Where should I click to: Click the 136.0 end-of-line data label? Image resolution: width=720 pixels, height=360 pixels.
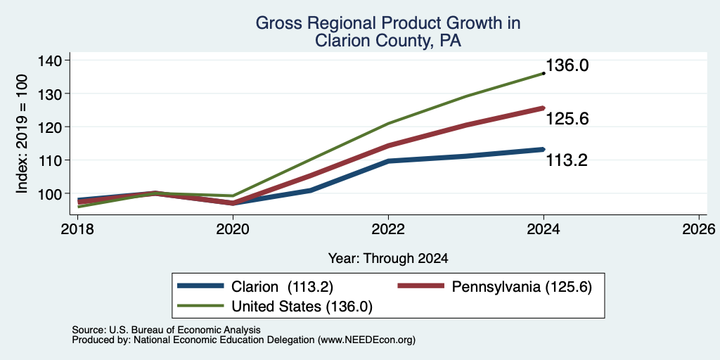point(567,65)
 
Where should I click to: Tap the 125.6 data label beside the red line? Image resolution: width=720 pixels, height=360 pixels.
point(567,119)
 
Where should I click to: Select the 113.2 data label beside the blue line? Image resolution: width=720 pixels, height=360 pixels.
point(567,160)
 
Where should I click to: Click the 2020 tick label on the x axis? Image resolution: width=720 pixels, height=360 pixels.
point(233,229)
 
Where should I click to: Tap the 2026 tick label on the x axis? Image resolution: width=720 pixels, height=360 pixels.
point(698,229)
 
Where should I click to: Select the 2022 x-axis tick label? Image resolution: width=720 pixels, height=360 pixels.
point(388,229)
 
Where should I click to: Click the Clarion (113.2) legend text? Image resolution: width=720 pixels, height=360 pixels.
point(282,287)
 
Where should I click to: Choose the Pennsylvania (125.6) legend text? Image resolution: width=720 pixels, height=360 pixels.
point(522,287)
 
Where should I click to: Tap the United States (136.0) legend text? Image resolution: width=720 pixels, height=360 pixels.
point(302,307)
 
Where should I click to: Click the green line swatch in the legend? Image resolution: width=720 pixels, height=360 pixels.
point(200,306)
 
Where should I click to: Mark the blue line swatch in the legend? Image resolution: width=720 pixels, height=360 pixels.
point(200,286)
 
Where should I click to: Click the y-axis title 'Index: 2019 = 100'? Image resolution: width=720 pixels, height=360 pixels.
point(22,134)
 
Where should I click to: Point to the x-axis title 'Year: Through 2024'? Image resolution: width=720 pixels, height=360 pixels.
point(388,259)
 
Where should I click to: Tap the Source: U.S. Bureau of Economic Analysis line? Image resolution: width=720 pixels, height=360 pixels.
point(166,330)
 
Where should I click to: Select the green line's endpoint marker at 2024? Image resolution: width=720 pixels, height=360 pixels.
point(544,73)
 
